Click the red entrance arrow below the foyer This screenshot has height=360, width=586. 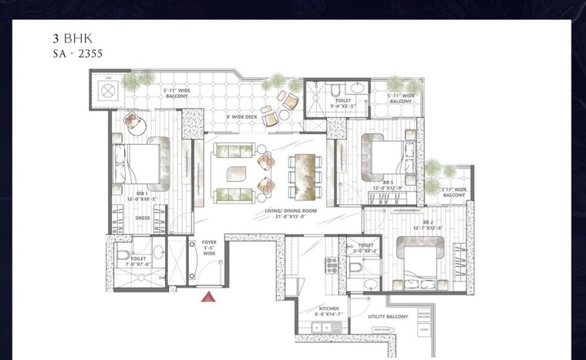coord(207,297)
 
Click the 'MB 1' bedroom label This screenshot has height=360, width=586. coord(143,194)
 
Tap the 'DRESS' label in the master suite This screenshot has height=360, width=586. coord(143,217)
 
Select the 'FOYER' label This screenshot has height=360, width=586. coord(209,243)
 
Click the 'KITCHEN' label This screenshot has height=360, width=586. coord(328,308)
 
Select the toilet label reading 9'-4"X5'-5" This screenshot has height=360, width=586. coord(342,101)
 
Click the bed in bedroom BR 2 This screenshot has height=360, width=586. coord(419,261)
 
